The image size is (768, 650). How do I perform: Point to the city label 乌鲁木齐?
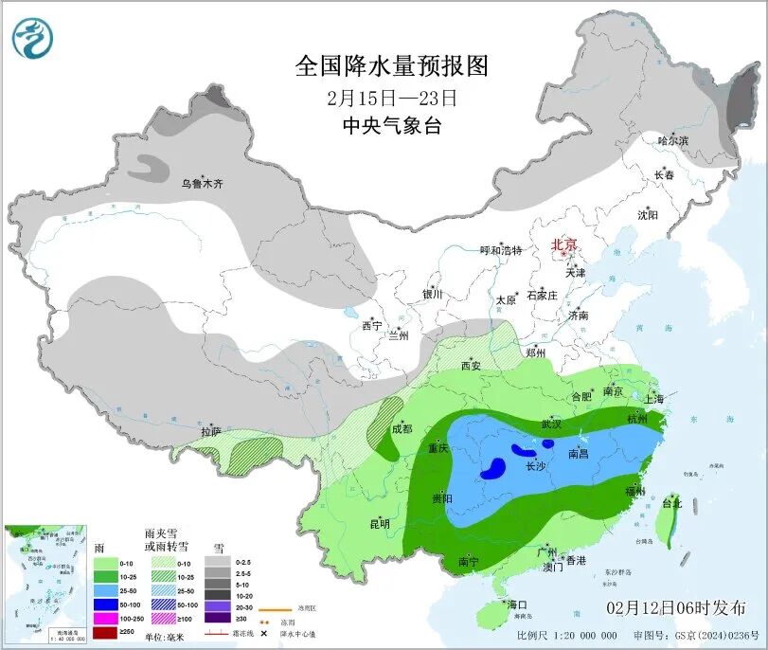coord(202,183)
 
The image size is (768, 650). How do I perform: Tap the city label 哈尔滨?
coord(673,140)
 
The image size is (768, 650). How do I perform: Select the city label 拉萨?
coord(210,431)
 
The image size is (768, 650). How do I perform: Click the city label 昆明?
coord(380,523)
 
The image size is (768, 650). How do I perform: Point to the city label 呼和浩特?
coord(501,250)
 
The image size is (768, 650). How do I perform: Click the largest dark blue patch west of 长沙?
coord(492,467)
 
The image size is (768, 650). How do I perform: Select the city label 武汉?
coord(551,424)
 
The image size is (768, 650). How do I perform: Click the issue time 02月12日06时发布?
coord(674,607)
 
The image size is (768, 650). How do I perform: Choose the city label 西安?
coord(472,366)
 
